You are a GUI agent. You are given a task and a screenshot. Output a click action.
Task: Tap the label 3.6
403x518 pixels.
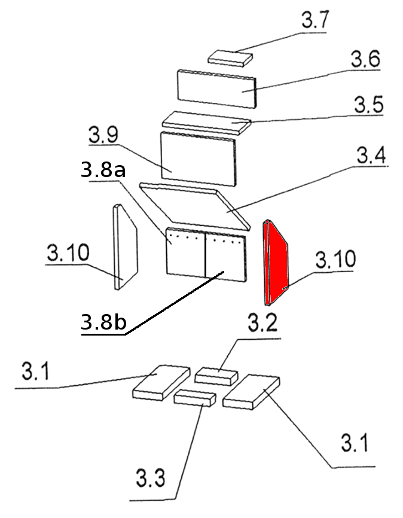coord(365,59)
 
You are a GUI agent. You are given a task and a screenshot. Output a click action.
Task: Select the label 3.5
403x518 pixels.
coord(369,105)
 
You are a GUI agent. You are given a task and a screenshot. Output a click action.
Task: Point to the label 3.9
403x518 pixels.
coord(103,135)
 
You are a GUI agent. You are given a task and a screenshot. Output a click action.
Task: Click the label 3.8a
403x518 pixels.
coord(103,170)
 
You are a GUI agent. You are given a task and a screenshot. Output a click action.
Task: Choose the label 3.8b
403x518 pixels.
coord(103,321)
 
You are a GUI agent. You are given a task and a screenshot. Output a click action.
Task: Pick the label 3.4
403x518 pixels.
coord(371,156)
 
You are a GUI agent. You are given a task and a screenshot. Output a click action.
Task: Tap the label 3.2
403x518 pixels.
coord(262,323)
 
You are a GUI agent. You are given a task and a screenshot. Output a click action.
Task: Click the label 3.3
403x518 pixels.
coord(150,478)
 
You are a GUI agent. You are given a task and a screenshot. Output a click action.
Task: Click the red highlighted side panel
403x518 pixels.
coord(275,263)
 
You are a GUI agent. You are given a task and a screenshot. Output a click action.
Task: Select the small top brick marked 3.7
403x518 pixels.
coord(230,58)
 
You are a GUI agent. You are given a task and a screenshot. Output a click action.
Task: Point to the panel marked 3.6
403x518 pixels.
coord(216,89)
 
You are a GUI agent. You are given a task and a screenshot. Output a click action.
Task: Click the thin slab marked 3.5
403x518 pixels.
coord(206,123)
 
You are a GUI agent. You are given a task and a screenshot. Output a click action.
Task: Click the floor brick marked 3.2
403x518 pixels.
coord(216,376)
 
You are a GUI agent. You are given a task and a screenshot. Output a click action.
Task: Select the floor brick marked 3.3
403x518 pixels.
coord(195,398)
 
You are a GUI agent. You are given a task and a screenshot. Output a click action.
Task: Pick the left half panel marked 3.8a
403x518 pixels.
coord(185,252)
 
